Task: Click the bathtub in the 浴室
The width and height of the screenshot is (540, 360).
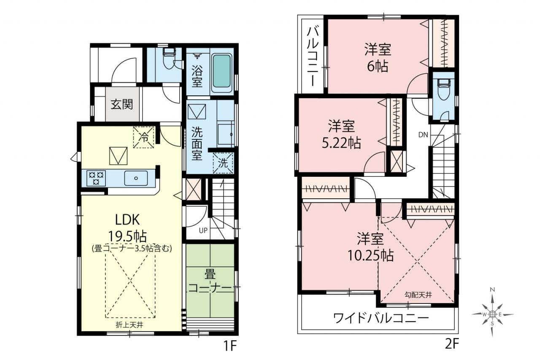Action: tap(221, 71)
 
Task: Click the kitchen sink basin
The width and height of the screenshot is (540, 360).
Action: tap(136, 178)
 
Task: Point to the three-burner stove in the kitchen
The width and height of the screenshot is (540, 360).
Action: tap(96, 178)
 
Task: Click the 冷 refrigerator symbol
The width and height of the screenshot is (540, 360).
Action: tap(144, 137)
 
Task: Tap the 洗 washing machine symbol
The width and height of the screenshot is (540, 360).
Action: tap(223, 163)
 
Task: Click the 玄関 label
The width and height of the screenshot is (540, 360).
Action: tap(122, 105)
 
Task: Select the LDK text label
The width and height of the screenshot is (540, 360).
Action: tap(127, 220)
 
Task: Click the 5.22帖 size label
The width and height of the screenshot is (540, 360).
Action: tap(341, 143)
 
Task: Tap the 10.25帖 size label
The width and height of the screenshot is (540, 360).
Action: tap(370, 255)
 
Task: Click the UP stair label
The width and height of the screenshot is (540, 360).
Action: tap(203, 230)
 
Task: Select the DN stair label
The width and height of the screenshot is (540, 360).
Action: tap(423, 135)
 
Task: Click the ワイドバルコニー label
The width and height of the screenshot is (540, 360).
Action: tap(381, 318)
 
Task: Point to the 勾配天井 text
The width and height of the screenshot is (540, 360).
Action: tap(418, 295)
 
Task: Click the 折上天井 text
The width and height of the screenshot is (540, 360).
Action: tap(130, 325)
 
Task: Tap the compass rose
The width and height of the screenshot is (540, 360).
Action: tap(492, 314)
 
